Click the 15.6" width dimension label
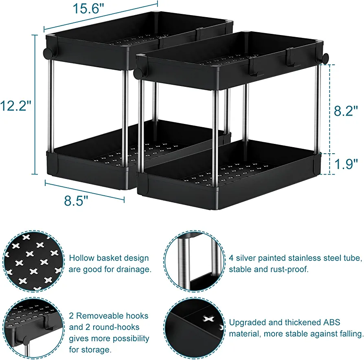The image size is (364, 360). point(88,9)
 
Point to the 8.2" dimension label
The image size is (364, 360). point(346,110)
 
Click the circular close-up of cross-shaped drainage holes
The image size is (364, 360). point(33,261)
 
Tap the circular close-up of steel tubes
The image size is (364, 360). point(194,261)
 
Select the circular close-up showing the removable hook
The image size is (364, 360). point(33,328)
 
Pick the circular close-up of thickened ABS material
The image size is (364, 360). point(194,328)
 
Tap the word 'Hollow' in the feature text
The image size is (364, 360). point(81,258)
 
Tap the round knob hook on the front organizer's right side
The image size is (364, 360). point(325,58)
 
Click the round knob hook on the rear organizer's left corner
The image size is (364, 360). point(48,53)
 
